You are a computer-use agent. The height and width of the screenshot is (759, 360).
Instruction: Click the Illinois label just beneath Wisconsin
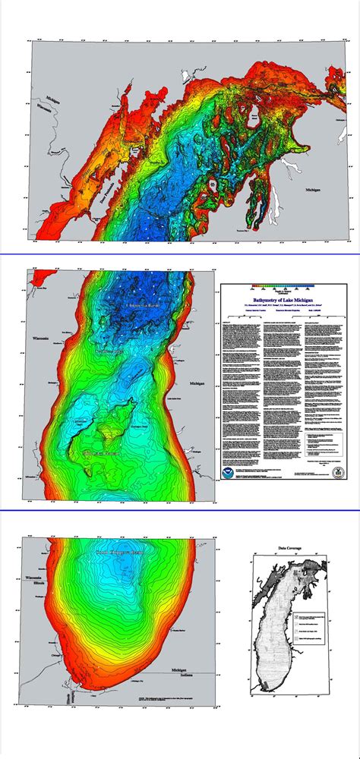[34, 584]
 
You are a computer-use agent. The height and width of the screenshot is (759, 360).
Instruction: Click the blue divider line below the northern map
[180, 254]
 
